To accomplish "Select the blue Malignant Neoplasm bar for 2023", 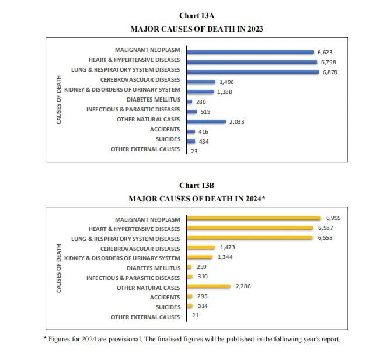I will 250,51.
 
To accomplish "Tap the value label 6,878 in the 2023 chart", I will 330,72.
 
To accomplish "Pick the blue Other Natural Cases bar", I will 205,121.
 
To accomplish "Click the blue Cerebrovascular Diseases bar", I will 201,82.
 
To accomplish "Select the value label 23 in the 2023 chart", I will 194,152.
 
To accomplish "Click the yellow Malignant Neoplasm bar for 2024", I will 253,218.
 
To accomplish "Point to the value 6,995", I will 333,217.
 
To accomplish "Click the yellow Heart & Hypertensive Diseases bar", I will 249,228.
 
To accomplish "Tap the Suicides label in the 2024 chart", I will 168,307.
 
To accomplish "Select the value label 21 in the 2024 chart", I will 195,316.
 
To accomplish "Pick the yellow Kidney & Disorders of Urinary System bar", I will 199,257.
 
